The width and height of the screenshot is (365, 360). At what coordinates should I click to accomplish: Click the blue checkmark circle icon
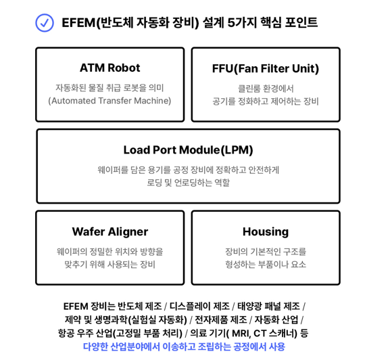tap(45, 23)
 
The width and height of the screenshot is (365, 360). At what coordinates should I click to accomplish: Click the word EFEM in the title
tap(78, 23)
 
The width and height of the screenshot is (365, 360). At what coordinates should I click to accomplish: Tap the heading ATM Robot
tap(110, 68)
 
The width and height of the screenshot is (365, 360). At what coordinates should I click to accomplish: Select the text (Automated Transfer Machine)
tap(109, 101)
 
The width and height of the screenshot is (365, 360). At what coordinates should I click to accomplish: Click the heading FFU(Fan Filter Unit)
tap(266, 68)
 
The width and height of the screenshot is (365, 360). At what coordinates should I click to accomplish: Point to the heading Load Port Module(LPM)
tap(188, 150)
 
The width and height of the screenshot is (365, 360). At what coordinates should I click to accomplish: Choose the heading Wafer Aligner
tap(110, 232)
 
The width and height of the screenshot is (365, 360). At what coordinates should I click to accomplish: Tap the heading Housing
tap(266, 232)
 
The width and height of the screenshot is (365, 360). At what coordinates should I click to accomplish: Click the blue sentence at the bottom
tap(184, 346)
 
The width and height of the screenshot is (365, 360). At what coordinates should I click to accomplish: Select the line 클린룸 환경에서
tap(266, 89)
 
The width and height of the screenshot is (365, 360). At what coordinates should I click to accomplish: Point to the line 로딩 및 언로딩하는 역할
tap(188, 183)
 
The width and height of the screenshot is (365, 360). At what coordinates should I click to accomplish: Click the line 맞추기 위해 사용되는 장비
tap(110, 265)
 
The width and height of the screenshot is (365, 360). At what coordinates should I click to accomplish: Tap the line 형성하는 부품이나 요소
tap(266, 265)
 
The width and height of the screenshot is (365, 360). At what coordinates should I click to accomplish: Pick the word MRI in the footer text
tap(241, 333)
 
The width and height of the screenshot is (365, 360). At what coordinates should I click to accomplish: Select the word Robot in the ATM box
tap(124, 68)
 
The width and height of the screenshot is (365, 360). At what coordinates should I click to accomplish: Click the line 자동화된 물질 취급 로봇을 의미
tap(109, 88)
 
